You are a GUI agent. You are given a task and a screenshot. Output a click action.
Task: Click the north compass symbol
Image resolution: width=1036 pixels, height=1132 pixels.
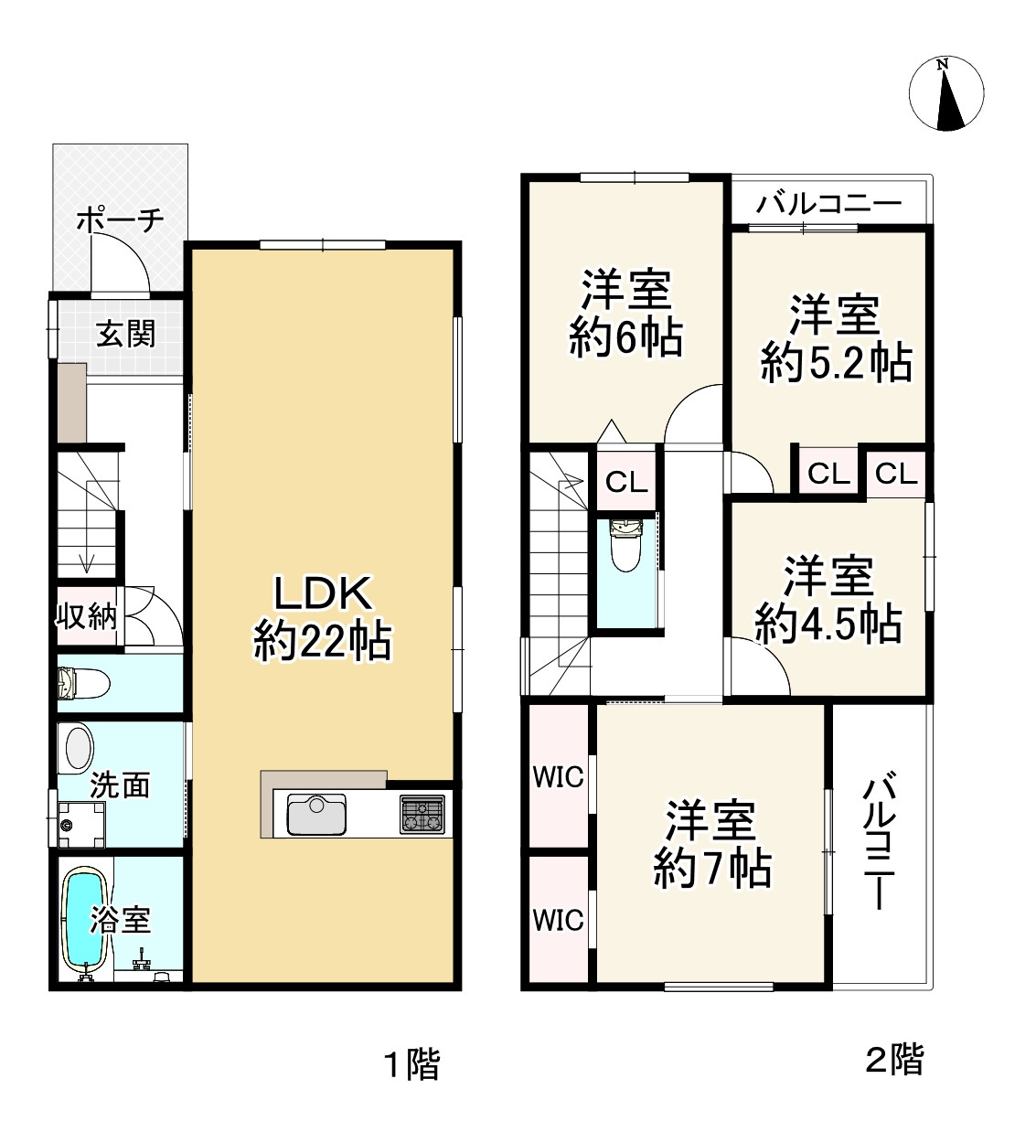(946, 93)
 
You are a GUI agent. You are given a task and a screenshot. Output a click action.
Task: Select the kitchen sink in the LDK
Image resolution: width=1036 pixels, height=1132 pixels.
(316, 815)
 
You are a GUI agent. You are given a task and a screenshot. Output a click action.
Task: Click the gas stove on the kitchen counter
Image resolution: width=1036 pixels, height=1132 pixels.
(422, 814)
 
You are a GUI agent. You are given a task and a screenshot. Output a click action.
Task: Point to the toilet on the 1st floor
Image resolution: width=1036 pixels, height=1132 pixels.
(83, 683)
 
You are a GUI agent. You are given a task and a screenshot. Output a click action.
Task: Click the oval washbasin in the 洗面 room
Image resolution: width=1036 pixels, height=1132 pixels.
(79, 748)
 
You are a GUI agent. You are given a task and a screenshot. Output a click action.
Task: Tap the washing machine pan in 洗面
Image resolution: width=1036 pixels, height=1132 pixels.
(81, 825)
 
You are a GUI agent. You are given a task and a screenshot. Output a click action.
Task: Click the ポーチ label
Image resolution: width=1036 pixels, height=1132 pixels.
(120, 219)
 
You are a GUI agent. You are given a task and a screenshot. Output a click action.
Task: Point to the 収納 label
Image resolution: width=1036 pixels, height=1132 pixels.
(86, 616)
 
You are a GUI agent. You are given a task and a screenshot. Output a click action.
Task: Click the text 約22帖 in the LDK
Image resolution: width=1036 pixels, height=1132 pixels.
(322, 642)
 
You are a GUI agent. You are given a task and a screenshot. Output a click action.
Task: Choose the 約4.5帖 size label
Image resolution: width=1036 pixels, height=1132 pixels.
(828, 625)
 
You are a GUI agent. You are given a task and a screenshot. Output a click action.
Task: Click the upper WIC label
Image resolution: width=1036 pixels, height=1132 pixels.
(558, 778)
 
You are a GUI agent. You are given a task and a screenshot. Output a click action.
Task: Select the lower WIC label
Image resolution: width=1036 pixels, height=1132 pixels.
(558, 921)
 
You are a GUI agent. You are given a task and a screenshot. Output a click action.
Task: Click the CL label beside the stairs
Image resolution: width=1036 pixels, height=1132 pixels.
(626, 482)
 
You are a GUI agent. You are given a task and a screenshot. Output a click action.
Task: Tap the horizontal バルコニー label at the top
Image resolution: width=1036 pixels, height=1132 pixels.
(828, 204)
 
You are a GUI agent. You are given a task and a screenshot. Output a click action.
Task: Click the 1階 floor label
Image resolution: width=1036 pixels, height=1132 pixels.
(412, 1064)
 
